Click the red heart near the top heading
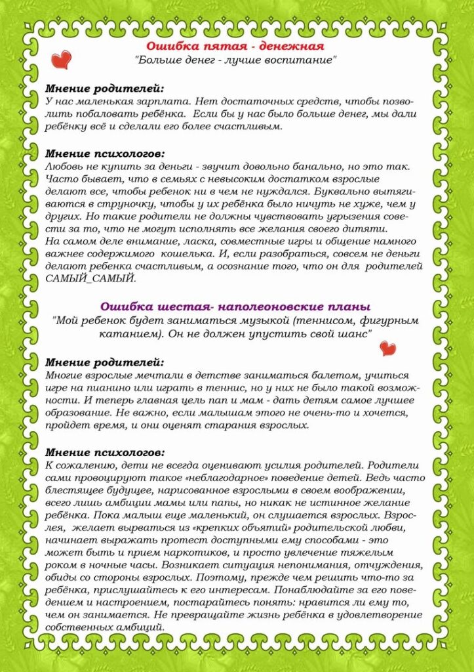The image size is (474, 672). tap(61, 60)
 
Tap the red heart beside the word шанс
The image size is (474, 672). tap(388, 348)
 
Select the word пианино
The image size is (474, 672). tap(109, 388)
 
